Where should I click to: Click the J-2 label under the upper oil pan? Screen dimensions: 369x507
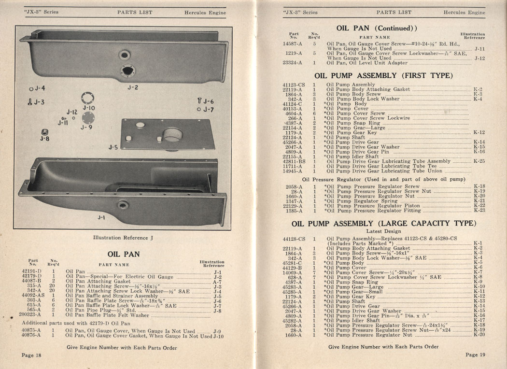(x=133, y=87)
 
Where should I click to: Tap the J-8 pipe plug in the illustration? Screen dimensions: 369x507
(x=44, y=132)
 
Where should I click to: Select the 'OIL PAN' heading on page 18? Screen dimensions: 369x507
(x=124, y=254)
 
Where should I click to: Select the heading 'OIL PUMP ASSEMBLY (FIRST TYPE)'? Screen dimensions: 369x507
(x=383, y=76)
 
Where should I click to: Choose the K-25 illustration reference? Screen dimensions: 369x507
(x=479, y=161)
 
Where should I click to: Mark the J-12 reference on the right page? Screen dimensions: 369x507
(x=479, y=58)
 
